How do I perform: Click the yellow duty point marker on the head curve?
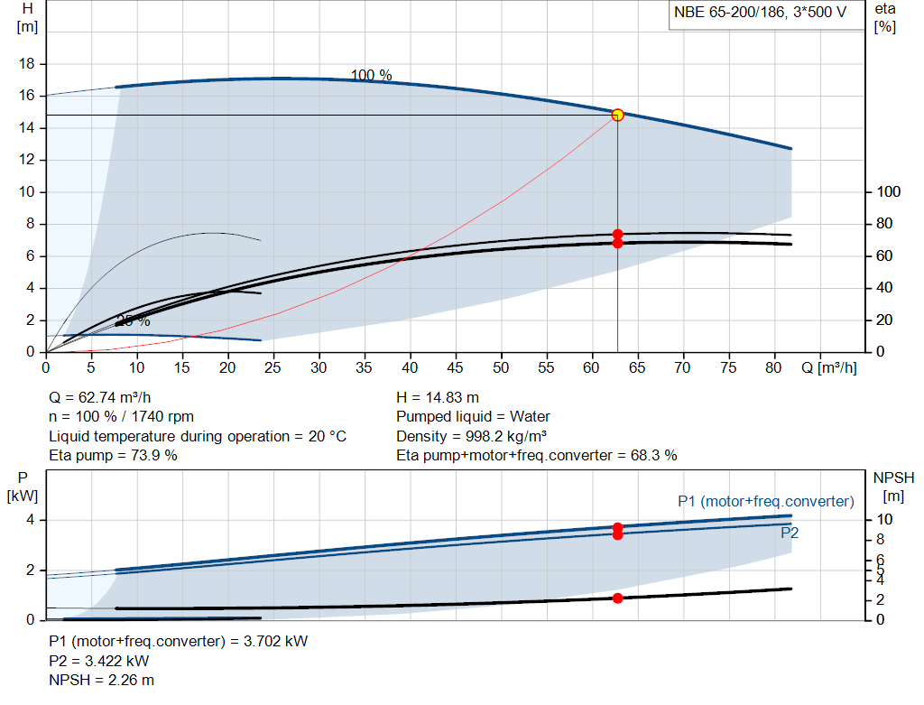pyautogui.click(x=617, y=115)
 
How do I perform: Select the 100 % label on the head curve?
pyautogui.click(x=371, y=76)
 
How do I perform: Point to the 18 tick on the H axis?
pyautogui.click(x=28, y=64)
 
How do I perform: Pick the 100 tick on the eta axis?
pyautogui.click(x=888, y=192)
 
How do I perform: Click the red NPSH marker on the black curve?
pyautogui.click(x=617, y=598)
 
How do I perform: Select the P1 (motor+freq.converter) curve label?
pyautogui.click(x=765, y=501)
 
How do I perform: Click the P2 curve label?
pyautogui.click(x=789, y=533)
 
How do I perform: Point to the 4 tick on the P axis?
pyautogui.click(x=29, y=520)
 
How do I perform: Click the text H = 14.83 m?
pyautogui.click(x=438, y=397)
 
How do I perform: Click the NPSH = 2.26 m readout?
pyautogui.click(x=101, y=680)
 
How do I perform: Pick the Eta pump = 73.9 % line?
pyautogui.click(x=113, y=455)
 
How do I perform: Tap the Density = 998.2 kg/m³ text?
pyautogui.click(x=472, y=436)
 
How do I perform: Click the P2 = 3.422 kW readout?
pyautogui.click(x=98, y=661)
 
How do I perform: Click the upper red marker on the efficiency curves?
pyautogui.click(x=617, y=234)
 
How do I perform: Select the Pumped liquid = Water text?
pyautogui.click(x=473, y=416)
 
